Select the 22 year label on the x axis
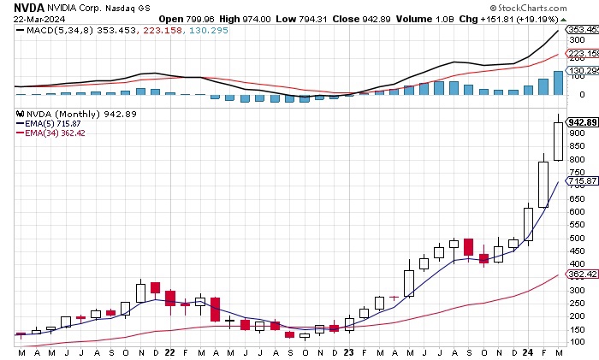pos(169,352)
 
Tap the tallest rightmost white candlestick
pos(558,141)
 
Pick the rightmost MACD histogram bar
pos(558,83)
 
